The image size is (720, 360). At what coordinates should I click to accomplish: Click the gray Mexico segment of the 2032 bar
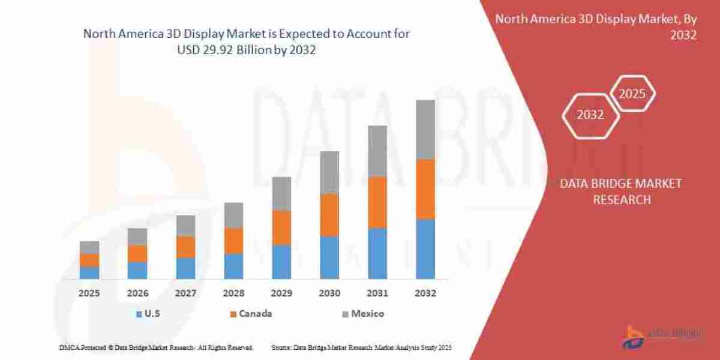(x=425, y=130)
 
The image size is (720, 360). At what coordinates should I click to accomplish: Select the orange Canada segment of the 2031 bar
(x=377, y=203)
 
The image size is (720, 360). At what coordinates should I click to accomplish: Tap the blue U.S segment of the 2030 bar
(x=329, y=257)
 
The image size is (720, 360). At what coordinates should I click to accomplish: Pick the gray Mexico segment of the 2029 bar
(x=281, y=194)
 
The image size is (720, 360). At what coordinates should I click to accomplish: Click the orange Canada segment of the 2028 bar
(x=233, y=241)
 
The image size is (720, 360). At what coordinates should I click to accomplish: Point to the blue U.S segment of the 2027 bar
(x=185, y=268)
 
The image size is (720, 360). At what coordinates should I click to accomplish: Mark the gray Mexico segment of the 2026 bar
(x=137, y=236)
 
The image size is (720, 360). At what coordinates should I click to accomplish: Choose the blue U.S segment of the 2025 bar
(x=89, y=272)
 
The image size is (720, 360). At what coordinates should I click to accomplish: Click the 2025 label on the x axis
(x=89, y=293)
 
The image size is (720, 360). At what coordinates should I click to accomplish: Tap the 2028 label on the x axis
(x=233, y=293)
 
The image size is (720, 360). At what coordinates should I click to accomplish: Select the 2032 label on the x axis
(x=425, y=293)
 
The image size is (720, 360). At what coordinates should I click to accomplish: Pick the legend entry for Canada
(x=250, y=313)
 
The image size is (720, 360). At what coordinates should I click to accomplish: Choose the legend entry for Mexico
(x=362, y=313)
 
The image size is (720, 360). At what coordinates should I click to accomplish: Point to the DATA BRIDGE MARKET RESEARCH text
(x=621, y=191)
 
